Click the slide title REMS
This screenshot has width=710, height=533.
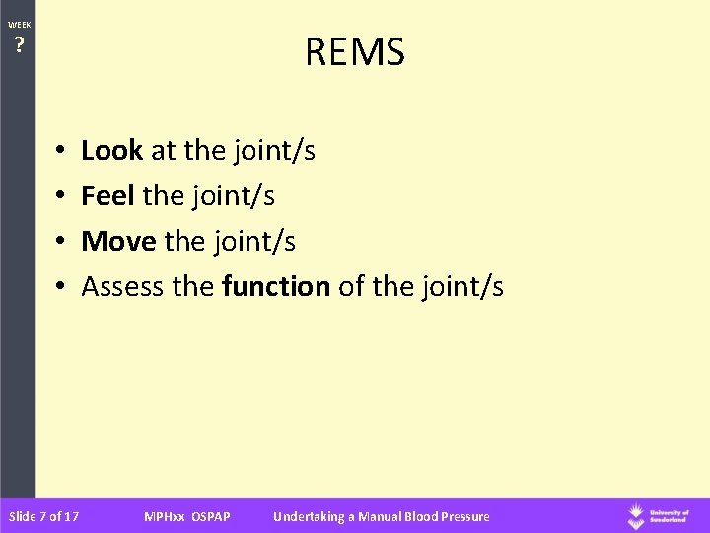[355, 53]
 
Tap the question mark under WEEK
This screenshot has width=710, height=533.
[18, 44]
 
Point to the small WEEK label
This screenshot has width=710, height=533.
[18, 24]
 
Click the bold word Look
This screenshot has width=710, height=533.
[112, 151]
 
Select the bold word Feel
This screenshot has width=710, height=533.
[108, 196]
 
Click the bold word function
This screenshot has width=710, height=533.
[277, 287]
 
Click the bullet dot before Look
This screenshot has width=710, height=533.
[60, 152]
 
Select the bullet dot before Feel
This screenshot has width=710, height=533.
[60, 197]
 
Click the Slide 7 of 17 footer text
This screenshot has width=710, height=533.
[43, 516]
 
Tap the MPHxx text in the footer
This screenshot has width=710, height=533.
[162, 516]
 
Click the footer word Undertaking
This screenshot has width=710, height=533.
[311, 516]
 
